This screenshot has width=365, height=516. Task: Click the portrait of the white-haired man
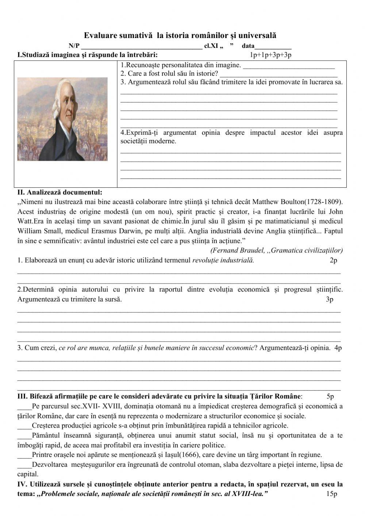[x=62, y=119]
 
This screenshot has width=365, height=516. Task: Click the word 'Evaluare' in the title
[x=99, y=35]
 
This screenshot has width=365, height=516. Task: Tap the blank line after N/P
[x=142, y=47]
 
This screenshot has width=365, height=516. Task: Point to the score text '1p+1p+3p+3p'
[x=270, y=55]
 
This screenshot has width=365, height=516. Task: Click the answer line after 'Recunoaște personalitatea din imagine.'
[x=288, y=66]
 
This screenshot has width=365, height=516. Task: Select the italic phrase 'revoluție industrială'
[x=223, y=260]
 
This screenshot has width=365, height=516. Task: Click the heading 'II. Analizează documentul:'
[x=60, y=192]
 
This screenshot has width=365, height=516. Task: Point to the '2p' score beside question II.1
[x=333, y=260]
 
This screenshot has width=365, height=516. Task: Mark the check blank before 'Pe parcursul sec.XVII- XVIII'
[x=24, y=406]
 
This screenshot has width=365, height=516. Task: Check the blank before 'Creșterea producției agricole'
[x=24, y=425]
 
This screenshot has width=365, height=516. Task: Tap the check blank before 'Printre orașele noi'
[x=24, y=455]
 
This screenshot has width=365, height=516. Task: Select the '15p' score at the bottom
[x=332, y=494]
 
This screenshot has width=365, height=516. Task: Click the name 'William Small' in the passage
[x=36, y=231]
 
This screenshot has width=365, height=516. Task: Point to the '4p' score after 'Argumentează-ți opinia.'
[x=338, y=348]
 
